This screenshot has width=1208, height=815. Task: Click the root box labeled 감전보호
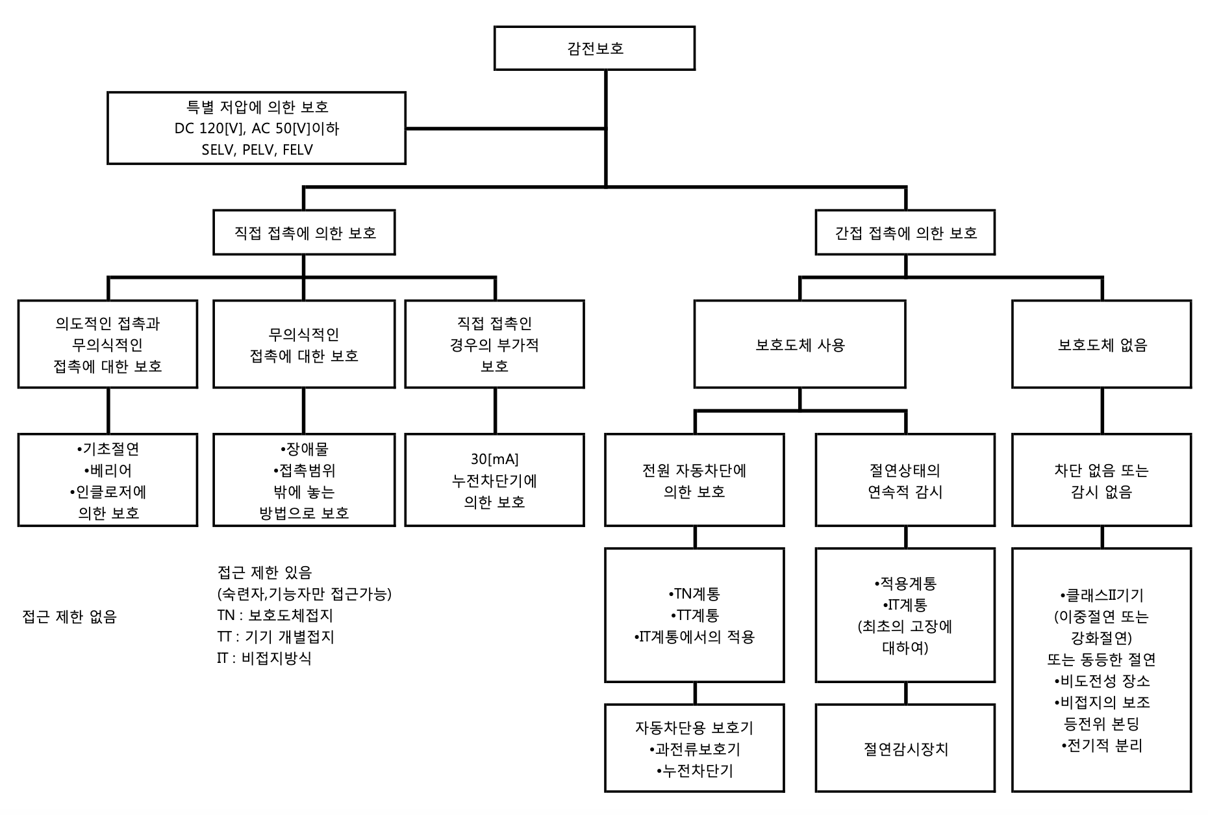(594, 48)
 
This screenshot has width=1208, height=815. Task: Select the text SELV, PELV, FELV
(257, 150)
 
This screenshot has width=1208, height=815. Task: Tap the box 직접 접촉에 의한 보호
(304, 233)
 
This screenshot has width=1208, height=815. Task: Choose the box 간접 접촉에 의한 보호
(905, 233)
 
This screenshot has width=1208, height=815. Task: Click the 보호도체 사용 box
(799, 344)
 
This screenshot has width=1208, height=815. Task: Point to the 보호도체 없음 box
(1102, 344)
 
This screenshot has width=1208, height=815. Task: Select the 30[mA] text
(495, 459)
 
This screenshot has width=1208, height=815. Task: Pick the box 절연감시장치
(905, 749)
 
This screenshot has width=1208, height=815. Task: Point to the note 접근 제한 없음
(69, 617)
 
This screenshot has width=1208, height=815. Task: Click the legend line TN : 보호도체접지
(275, 615)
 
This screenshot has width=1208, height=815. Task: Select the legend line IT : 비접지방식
(264, 658)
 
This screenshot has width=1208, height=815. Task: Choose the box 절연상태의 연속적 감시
(905, 480)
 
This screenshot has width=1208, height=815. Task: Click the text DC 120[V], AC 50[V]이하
(257, 129)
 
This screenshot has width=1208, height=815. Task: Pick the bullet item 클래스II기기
(1102, 595)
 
